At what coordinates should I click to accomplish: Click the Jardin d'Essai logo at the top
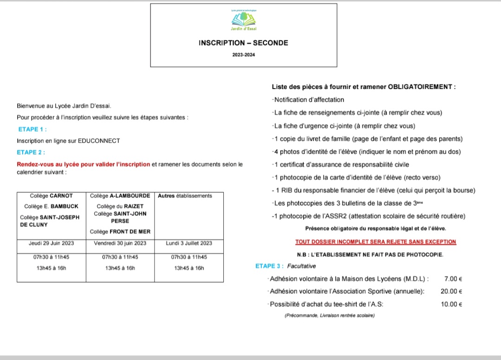coord(243,20)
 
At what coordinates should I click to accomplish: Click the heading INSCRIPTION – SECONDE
coord(243,43)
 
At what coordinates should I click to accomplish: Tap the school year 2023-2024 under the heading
coord(243,55)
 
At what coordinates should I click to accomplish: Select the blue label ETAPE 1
coord(33,129)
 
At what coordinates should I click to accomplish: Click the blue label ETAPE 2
coord(31,152)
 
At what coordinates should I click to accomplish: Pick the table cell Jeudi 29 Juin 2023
coord(52,243)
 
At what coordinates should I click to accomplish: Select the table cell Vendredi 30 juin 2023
coord(120,243)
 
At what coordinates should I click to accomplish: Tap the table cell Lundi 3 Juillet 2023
coord(189,243)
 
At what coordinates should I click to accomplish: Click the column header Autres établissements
coord(185,196)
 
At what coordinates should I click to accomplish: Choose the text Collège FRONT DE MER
coord(120,231)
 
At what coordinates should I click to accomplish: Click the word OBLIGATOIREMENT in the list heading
coord(420,87)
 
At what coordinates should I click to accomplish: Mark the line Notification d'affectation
coord(309,100)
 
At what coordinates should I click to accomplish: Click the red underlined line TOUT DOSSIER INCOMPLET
coord(376,242)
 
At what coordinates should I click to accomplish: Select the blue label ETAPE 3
coord(269,266)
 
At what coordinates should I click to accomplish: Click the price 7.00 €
coord(453,279)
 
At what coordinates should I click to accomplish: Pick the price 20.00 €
coord(451,292)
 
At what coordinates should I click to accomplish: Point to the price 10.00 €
coord(451,304)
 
